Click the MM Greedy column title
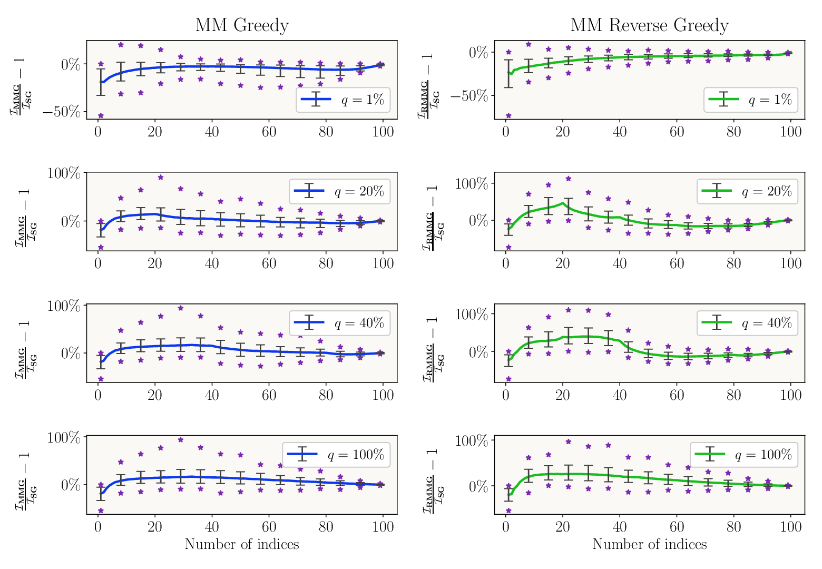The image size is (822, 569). [242, 26]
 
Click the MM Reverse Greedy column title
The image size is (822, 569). [649, 26]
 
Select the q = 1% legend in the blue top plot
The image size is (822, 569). [343, 100]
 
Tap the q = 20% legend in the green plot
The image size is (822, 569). [747, 191]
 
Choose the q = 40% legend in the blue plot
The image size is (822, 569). [339, 323]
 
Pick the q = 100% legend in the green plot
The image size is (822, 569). [744, 455]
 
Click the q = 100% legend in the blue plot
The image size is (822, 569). [336, 455]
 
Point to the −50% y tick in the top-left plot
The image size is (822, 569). [62, 112]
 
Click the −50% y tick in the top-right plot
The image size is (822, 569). [469, 96]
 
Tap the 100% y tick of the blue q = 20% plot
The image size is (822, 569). [64, 173]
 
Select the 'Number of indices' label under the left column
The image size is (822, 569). [242, 544]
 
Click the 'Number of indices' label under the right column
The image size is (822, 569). [650, 544]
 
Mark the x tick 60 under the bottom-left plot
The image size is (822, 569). [269, 527]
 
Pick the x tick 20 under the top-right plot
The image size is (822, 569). [563, 132]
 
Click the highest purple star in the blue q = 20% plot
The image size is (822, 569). [161, 178]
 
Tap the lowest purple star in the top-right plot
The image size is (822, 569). [508, 116]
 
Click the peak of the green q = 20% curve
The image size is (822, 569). [563, 203]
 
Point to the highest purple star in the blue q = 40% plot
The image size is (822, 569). [181, 308]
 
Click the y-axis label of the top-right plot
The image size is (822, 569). [428, 86]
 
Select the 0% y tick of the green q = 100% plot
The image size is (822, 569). [479, 486]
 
